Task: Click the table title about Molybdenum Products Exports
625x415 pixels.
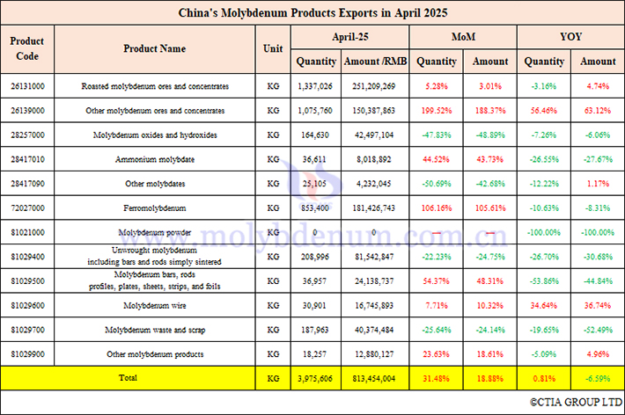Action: tap(312, 13)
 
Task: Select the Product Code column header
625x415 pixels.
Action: tap(27, 49)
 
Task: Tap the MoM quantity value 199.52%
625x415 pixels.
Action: tap(437, 111)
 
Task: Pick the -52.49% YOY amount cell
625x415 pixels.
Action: tap(598, 330)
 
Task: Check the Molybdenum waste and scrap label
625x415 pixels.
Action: tap(154, 330)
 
